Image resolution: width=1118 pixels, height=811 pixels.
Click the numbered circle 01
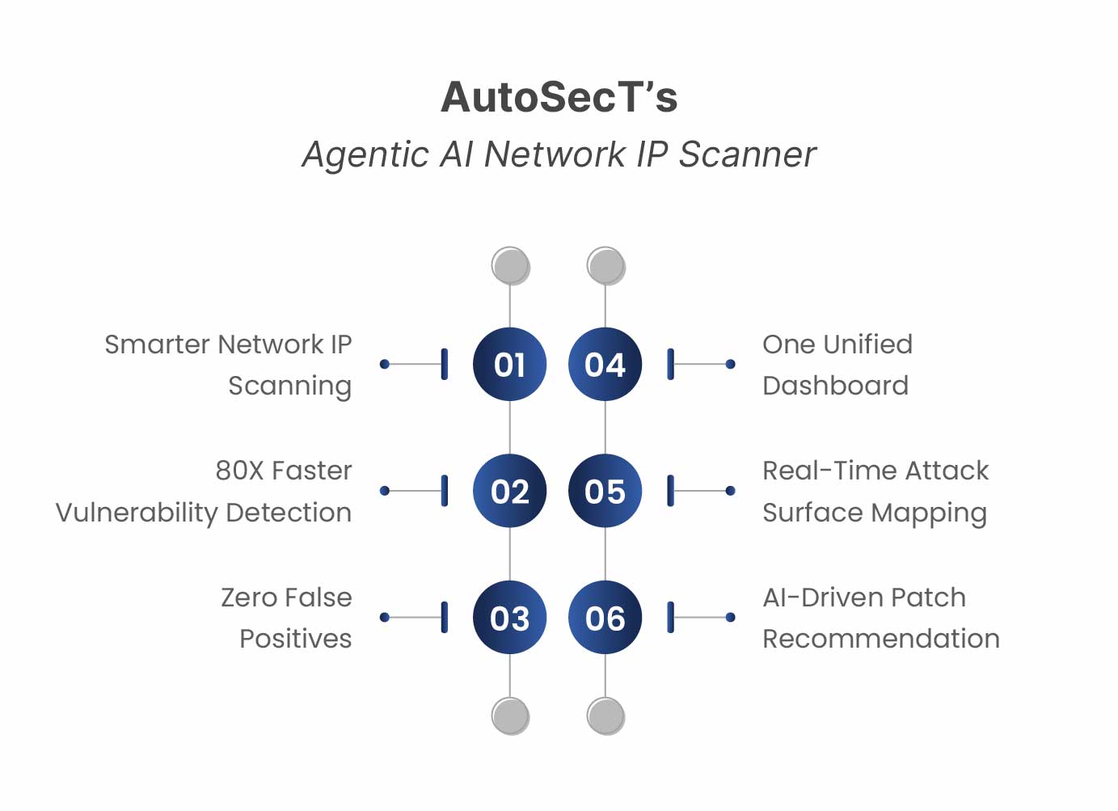pos(509,365)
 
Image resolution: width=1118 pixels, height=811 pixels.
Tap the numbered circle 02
pos(509,491)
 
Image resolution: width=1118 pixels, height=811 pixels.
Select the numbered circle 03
pos(509,618)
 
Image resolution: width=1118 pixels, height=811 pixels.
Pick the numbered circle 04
pos(605,365)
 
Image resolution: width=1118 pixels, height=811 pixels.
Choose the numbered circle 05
pos(605,491)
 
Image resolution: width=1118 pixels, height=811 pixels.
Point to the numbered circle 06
pos(605,618)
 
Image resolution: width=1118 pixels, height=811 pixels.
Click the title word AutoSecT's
pos(559,97)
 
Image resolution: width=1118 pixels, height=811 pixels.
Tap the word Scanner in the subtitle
pos(747,154)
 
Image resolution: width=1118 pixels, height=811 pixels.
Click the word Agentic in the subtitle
pos(365,154)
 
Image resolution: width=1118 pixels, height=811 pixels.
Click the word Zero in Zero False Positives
pos(249,598)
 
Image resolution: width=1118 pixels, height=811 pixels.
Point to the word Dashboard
pos(835,386)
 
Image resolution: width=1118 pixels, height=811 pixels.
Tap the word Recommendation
pos(880,639)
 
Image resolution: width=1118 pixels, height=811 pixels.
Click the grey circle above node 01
pos(510,265)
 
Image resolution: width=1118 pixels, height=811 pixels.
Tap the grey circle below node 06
pos(605,716)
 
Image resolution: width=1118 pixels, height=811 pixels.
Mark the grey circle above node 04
pos(605,265)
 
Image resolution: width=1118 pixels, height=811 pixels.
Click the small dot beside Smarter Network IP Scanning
pos(385,365)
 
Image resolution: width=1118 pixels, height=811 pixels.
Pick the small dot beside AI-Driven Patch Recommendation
pos(730,618)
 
